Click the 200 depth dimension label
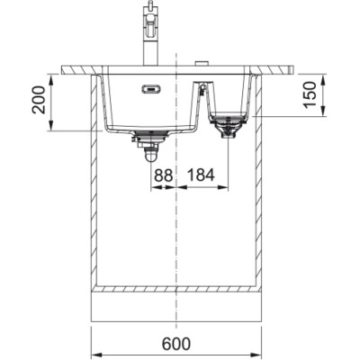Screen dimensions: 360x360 click(39, 100)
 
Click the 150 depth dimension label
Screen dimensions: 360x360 click(310, 94)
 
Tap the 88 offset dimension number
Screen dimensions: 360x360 click(164, 175)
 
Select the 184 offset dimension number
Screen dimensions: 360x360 click(201, 175)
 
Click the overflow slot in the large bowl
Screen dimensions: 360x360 click(151, 89)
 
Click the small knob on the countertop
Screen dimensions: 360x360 click(202, 63)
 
